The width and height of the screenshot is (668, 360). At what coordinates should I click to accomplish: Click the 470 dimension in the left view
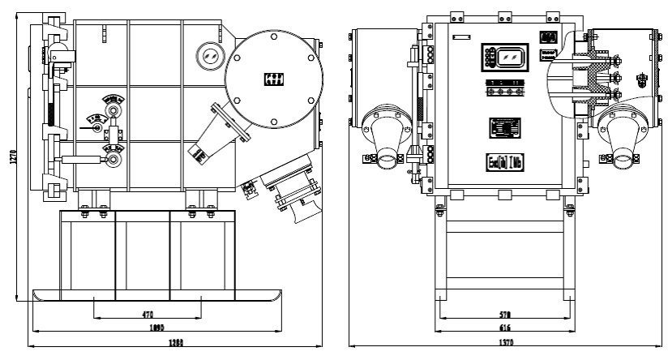[148, 314]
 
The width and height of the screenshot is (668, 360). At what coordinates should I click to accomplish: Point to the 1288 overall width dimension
[176, 343]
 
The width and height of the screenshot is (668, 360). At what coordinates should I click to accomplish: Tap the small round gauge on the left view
[210, 55]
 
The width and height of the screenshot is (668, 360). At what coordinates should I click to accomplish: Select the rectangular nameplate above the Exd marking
[504, 127]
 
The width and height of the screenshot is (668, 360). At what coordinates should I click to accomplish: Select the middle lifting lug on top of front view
[505, 15]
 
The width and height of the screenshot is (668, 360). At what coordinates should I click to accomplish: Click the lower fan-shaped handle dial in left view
[112, 149]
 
